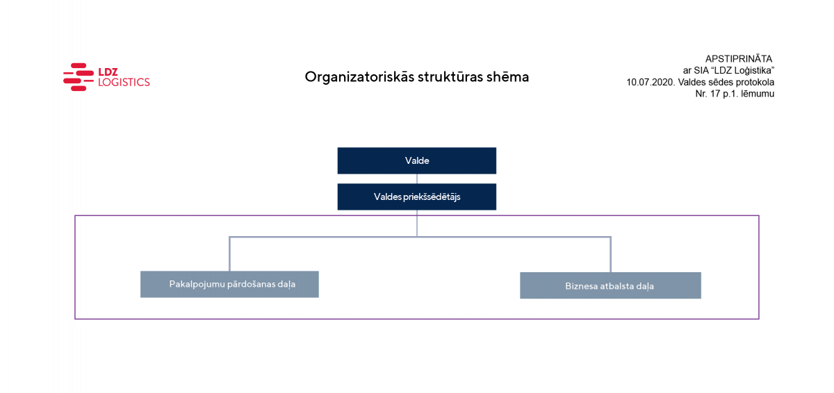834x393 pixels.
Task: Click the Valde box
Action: [x=416, y=160]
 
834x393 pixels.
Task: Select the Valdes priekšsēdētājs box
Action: [x=416, y=196]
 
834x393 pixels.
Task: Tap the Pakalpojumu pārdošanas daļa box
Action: [x=229, y=284]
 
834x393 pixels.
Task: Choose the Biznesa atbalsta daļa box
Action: [x=610, y=285]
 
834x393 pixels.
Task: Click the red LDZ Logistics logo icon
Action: [x=78, y=77]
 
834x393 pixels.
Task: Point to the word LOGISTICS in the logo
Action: [x=124, y=82]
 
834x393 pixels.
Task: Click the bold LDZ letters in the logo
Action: [x=108, y=72]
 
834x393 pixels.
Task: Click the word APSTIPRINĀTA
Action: [x=739, y=59]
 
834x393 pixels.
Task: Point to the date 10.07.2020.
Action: [x=651, y=82]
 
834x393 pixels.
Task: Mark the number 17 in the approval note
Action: [x=715, y=94]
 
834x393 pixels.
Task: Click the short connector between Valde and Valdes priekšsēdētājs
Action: [x=416, y=179]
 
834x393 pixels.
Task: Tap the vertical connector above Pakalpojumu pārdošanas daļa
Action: [x=229, y=254]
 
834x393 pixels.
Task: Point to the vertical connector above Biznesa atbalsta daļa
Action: [x=610, y=255]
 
